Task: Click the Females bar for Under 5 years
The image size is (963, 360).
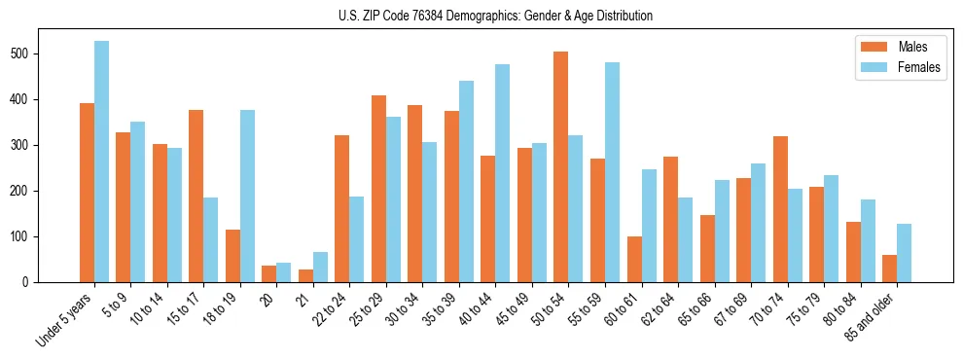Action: click(101, 162)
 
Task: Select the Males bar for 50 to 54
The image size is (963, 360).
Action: click(561, 166)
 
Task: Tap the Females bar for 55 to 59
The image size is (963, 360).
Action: click(612, 172)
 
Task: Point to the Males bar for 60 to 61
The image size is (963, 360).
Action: click(634, 259)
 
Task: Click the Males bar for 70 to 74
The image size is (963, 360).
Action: click(780, 209)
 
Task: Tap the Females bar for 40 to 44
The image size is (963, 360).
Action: click(503, 173)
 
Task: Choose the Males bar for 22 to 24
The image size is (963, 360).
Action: click(342, 208)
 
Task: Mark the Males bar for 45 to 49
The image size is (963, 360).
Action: click(524, 215)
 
